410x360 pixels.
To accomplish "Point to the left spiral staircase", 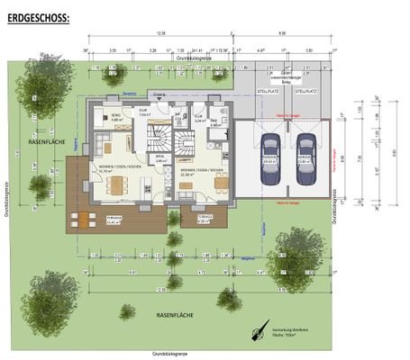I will (159, 138).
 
